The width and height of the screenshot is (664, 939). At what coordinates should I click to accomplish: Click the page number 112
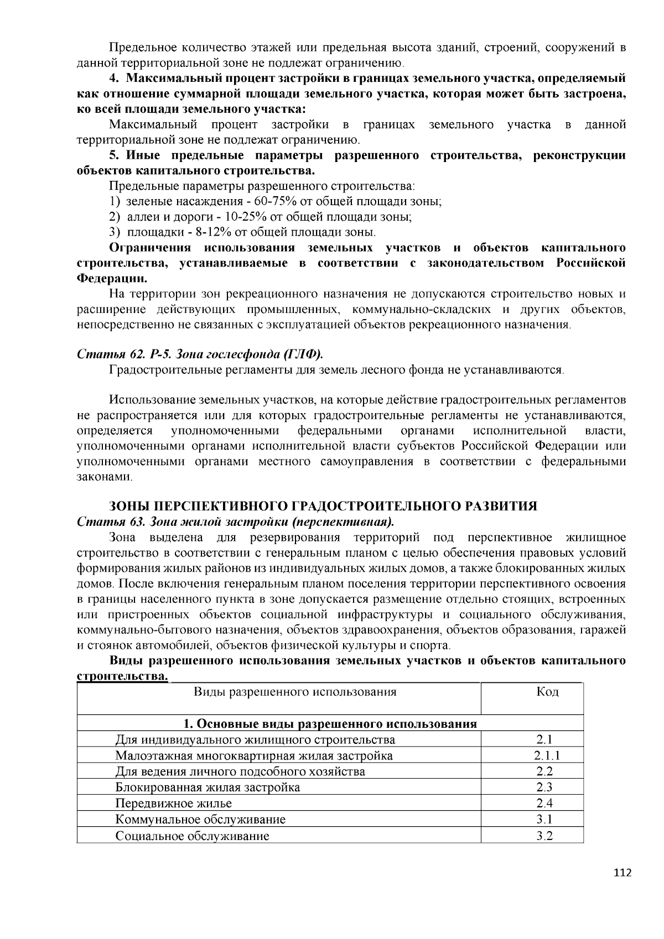pyautogui.click(x=622, y=873)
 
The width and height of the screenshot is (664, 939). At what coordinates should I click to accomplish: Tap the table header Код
pyautogui.click(x=547, y=692)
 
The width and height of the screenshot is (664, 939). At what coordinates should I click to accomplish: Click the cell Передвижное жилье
pyautogui.click(x=174, y=804)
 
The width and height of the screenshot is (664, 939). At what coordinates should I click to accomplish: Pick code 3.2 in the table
pyautogui.click(x=545, y=836)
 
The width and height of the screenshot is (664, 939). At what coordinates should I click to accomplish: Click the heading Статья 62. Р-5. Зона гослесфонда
pyautogui.click(x=200, y=354)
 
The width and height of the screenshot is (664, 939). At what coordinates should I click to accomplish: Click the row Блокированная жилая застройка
pyautogui.click(x=208, y=787)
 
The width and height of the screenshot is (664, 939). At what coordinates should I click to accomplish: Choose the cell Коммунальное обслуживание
pyautogui.click(x=201, y=820)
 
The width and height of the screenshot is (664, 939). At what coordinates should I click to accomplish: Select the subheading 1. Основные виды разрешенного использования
pyautogui.click(x=330, y=724)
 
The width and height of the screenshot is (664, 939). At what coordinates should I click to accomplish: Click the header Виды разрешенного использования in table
pyautogui.click(x=295, y=692)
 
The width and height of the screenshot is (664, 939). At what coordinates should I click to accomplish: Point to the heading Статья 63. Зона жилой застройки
pyautogui.click(x=235, y=522)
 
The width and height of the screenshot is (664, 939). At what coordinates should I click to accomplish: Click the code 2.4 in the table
pyautogui.click(x=545, y=804)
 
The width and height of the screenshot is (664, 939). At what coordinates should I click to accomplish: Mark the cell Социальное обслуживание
pyautogui.click(x=193, y=836)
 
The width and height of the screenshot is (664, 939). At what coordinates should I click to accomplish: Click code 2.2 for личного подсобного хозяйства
pyautogui.click(x=545, y=771)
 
